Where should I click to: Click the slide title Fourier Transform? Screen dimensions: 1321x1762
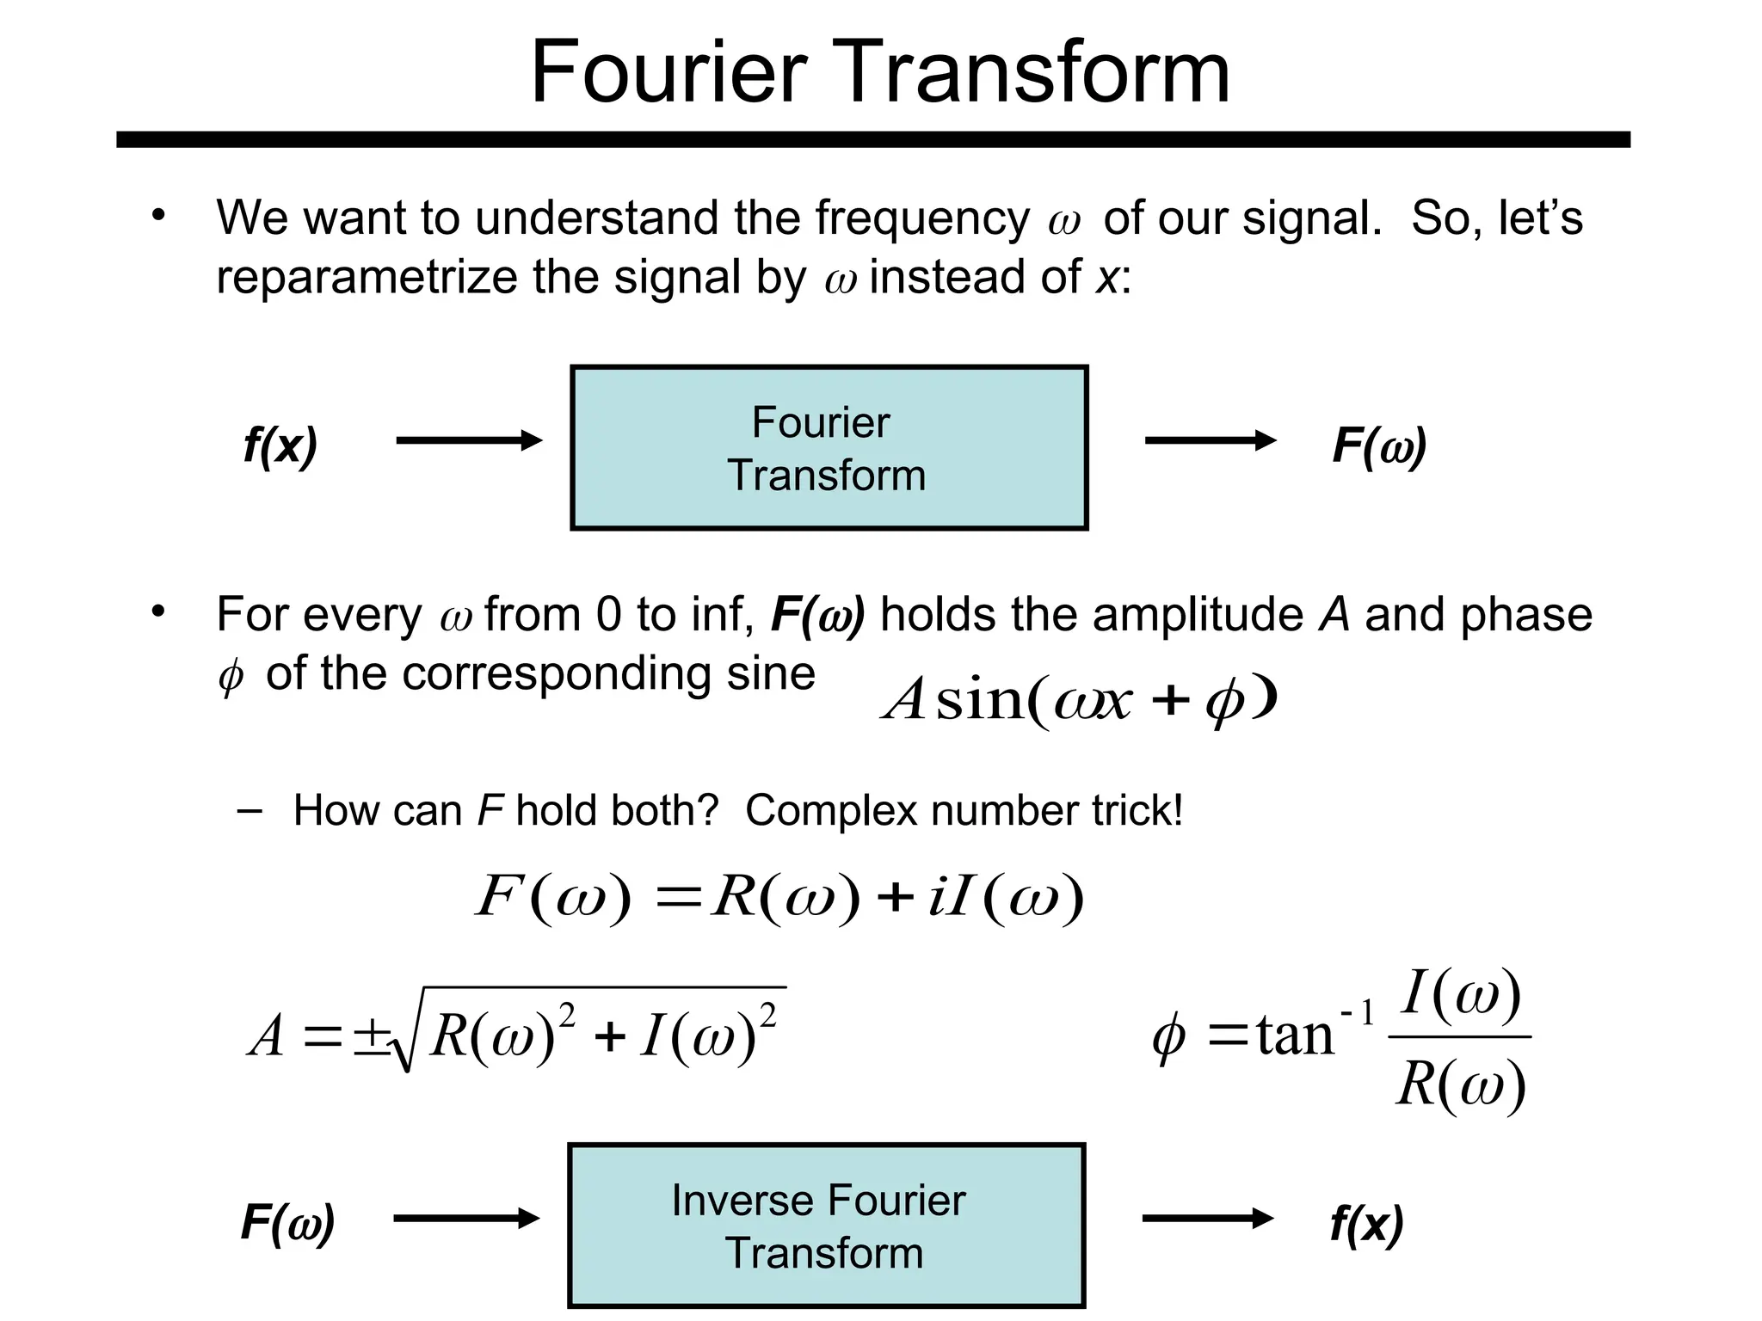pos(880,72)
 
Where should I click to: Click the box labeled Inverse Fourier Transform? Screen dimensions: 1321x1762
pos(826,1226)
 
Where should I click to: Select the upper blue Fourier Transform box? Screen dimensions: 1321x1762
pos(829,447)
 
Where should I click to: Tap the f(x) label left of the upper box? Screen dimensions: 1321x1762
pos(280,445)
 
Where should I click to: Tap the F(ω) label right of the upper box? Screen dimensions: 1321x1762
pos(1379,445)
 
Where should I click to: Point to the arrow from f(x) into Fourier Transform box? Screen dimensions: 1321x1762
pos(469,441)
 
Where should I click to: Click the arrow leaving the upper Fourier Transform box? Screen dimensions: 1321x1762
pos(1211,441)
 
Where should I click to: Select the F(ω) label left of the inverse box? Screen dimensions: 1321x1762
pos(287,1222)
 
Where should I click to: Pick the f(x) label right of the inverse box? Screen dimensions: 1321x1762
pos(1366,1223)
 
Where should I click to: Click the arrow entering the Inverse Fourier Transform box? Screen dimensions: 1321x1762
pos(466,1219)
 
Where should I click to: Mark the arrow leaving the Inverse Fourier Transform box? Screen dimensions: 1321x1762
pos(1208,1219)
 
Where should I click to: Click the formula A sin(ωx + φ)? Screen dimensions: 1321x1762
pos(1080,699)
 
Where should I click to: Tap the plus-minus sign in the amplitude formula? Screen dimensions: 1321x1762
pos(371,1035)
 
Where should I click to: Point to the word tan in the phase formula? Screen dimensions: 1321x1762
pos(1295,1035)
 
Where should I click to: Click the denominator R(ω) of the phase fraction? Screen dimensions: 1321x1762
pos(1461,1084)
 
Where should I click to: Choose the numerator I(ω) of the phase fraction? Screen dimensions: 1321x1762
pos(1461,994)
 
